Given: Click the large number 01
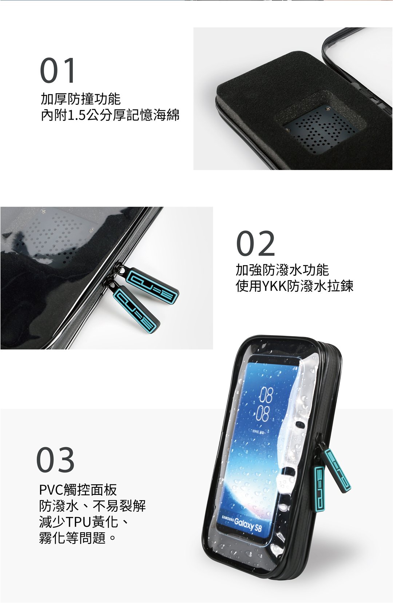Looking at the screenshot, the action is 57,70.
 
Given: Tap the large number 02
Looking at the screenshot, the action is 255,243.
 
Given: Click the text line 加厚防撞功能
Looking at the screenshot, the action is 81,99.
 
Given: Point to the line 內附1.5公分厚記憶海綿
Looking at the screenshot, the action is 110,115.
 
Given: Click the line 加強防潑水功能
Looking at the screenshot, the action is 282,270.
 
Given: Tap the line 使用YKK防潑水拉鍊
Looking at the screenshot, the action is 295,286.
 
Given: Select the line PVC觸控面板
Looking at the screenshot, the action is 78,490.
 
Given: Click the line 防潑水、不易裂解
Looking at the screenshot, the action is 92,506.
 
